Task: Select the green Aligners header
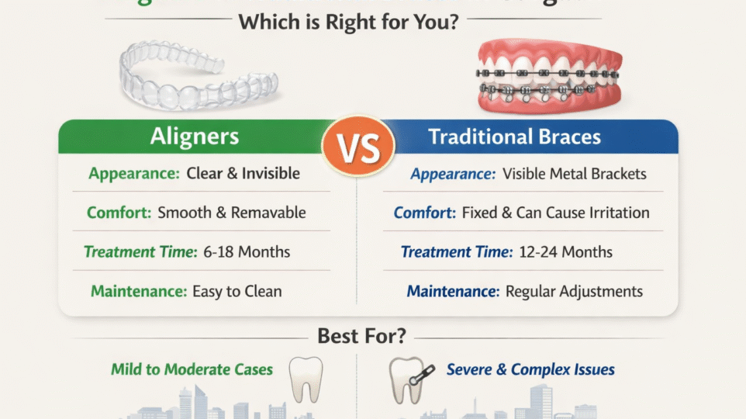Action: (194, 137)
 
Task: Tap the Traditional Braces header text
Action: (514, 137)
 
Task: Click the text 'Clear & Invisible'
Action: (243, 174)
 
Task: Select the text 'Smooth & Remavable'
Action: (232, 213)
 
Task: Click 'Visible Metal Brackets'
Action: (575, 174)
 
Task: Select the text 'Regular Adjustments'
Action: (574, 292)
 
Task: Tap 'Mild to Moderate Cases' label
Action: (192, 369)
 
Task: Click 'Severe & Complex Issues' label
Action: (530, 369)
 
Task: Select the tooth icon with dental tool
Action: (409, 379)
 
